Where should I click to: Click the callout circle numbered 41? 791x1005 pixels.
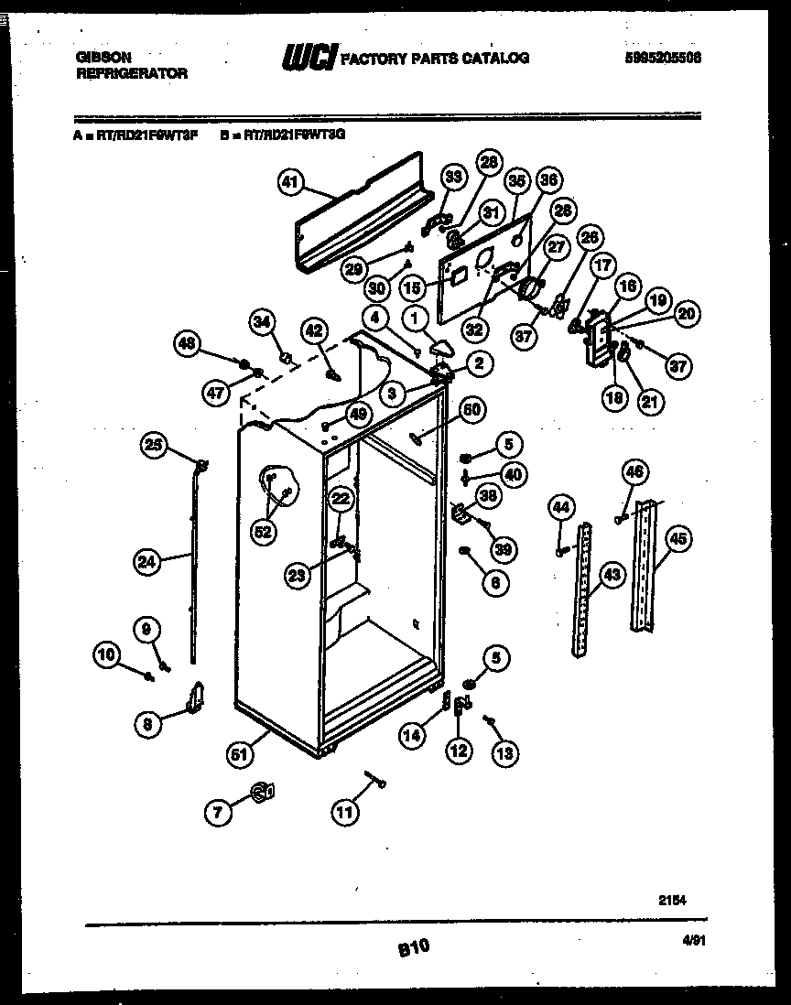coord(290,182)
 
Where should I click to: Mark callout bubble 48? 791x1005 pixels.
coord(188,344)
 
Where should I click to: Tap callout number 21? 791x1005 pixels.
coord(651,400)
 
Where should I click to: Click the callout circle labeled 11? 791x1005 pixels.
coord(346,811)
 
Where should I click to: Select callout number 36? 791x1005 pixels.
coord(547,181)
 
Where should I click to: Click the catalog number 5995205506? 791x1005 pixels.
coord(664,57)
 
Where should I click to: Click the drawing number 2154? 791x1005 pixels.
coord(672,900)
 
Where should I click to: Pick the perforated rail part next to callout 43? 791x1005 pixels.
coord(581,590)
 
